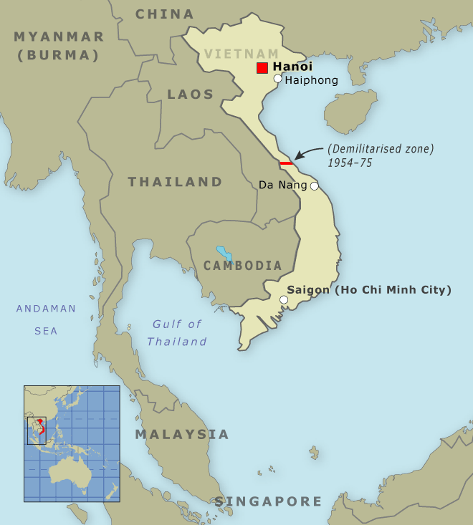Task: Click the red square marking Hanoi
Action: coord(262,68)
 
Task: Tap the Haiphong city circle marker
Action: coord(278,79)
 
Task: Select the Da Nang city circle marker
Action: coord(314,186)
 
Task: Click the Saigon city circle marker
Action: coord(284,299)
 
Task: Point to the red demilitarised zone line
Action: coord(287,164)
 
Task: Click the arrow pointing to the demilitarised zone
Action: coord(308,152)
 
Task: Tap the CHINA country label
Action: coord(165,14)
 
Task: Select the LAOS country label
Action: coord(191,95)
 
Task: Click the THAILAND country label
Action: coord(176,182)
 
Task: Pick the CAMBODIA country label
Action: coord(243,266)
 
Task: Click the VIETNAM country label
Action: coord(242,54)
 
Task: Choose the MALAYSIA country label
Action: coord(182,435)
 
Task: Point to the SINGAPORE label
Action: coord(268,501)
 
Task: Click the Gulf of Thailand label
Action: coord(177,333)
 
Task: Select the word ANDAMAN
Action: coord(46,309)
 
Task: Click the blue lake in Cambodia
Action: coord(225,254)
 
